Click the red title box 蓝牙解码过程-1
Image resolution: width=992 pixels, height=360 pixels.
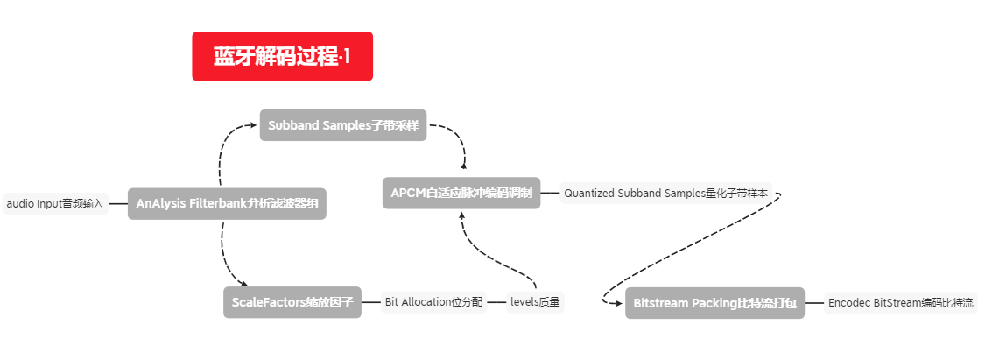pyautogui.click(x=282, y=56)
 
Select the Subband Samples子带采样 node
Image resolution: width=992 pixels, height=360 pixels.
pyautogui.click(x=342, y=125)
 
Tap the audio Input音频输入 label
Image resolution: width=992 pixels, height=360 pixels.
pyautogui.click(x=55, y=204)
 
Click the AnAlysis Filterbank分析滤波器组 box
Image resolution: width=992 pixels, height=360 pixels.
pyautogui.click(x=227, y=204)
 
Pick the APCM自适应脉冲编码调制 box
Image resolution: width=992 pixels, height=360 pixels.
pyautogui.click(x=461, y=193)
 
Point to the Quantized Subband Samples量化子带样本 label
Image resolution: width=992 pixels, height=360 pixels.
pyautogui.click(x=665, y=193)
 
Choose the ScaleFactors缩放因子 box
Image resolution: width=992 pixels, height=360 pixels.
pyautogui.click(x=292, y=302)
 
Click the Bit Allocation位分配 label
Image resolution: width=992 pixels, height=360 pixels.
pyautogui.click(x=433, y=302)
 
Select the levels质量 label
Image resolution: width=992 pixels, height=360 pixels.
pyautogui.click(x=535, y=302)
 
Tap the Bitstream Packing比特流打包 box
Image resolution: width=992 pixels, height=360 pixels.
pyautogui.click(x=714, y=303)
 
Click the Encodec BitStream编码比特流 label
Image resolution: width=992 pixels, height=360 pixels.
pyautogui.click(x=900, y=303)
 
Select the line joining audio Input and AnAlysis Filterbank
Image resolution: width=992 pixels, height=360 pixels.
pyautogui.click(x=118, y=204)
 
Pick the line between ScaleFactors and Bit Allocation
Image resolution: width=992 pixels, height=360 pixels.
pyautogui.click(x=371, y=302)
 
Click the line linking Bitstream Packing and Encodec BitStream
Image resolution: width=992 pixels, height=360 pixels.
pyautogui.click(x=814, y=303)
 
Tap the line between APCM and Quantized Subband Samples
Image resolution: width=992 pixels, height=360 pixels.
pyautogui.click(x=550, y=193)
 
